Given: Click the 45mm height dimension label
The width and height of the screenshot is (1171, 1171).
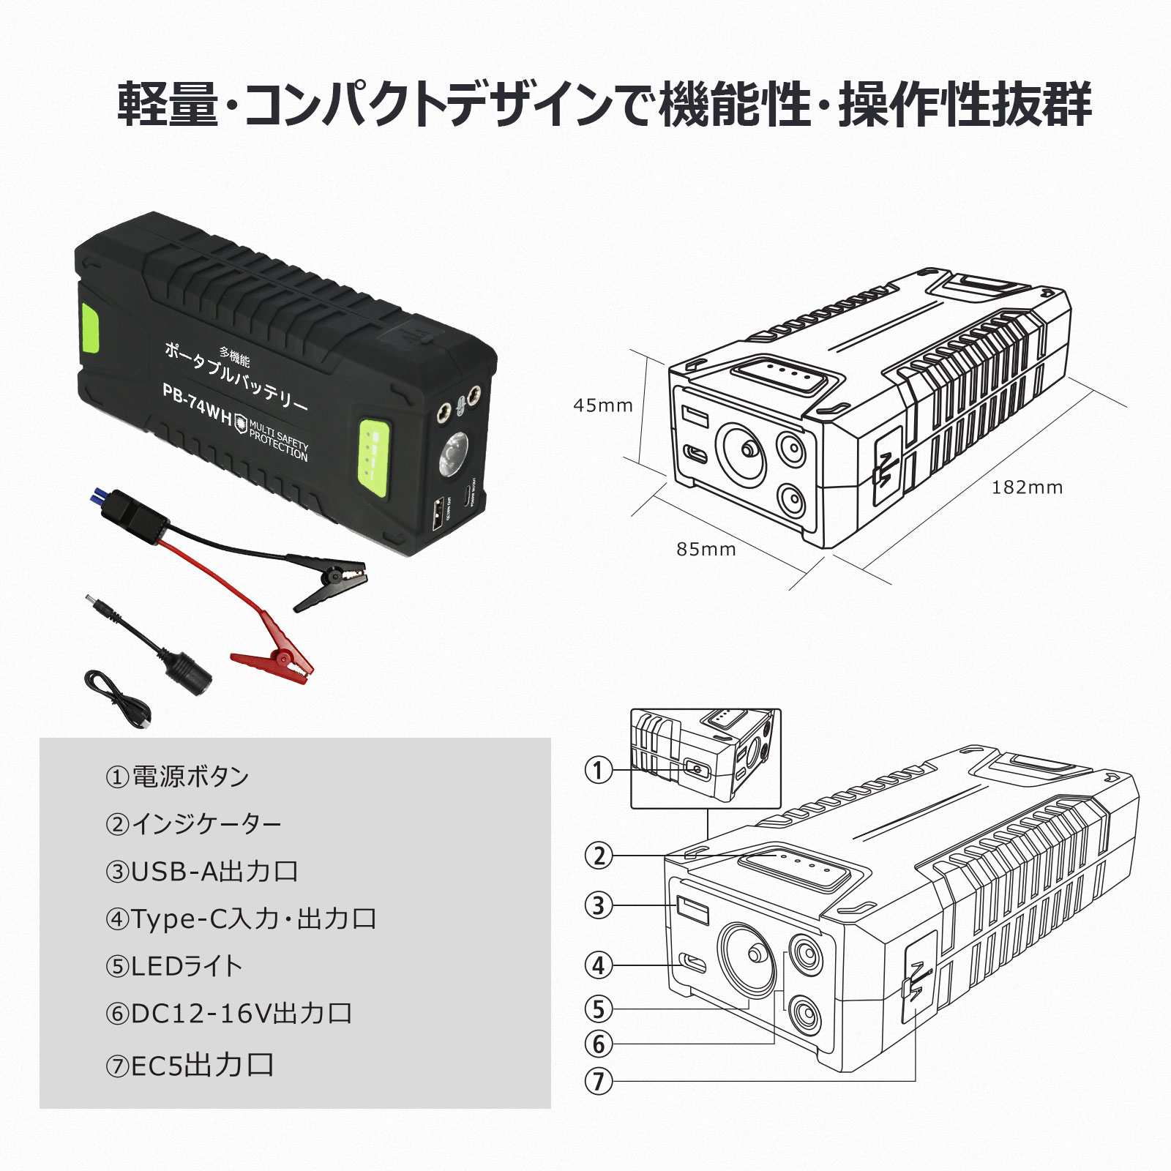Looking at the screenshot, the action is coord(602,405).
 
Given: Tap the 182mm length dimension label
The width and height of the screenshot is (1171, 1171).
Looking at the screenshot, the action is coord(1027,487).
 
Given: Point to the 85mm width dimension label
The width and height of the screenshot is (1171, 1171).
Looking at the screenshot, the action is coord(706,549).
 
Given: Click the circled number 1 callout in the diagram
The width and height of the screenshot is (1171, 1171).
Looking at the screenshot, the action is coord(599,770).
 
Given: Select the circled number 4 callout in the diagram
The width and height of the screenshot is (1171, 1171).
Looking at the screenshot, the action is coord(599,965).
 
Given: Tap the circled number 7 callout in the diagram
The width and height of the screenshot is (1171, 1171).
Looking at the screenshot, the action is coord(599,1081).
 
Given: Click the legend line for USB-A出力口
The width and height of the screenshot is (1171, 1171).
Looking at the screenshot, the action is coord(202,872).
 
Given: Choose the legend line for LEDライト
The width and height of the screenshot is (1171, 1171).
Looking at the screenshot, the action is coord(173,967).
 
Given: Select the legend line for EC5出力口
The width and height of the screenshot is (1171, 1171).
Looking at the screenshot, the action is coord(190,1066).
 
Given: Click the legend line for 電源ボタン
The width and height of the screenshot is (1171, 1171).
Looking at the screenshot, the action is coord(177,777).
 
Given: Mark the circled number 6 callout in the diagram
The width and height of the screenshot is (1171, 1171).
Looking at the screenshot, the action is coord(599,1044).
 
